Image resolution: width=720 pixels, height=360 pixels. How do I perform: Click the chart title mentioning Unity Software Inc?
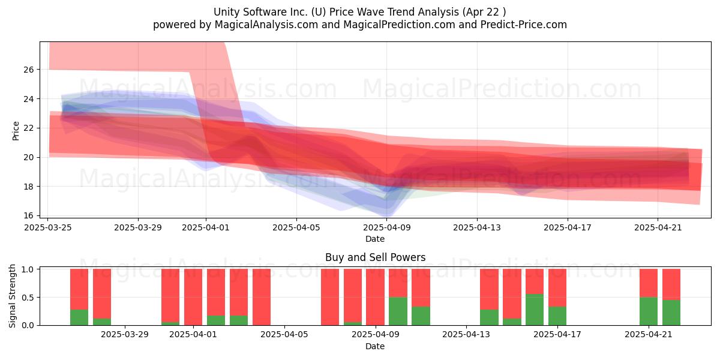pyautogui.click(x=359, y=12)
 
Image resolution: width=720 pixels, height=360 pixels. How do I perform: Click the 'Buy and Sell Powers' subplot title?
pyautogui.click(x=375, y=257)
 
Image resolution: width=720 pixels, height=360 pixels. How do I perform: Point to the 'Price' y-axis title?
pyautogui.click(x=16, y=131)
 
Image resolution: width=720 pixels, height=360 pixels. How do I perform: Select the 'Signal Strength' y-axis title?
pyautogui.click(x=12, y=296)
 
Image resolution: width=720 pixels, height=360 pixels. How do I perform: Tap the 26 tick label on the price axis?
pyautogui.click(x=29, y=70)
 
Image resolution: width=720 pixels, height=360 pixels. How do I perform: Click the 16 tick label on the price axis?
pyautogui.click(x=29, y=215)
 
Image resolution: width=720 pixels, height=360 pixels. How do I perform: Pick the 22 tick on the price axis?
pyautogui.click(x=29, y=128)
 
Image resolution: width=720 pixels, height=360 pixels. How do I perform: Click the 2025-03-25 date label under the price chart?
pyautogui.click(x=48, y=227)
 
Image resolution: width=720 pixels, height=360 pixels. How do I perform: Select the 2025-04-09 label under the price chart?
pyautogui.click(x=386, y=227)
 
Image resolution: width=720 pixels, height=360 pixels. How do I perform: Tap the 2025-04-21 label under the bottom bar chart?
pyautogui.click(x=649, y=334)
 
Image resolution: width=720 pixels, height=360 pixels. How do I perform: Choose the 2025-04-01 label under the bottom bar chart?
pyautogui.click(x=193, y=334)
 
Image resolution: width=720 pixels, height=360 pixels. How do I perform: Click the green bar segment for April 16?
pyautogui.click(x=535, y=310)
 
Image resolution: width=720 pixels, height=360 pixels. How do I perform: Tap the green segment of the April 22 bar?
pyautogui.click(x=671, y=313)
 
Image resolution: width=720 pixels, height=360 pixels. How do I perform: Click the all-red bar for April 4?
pyautogui.click(x=262, y=297)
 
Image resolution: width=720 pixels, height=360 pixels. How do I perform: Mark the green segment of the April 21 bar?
pyautogui.click(x=649, y=311)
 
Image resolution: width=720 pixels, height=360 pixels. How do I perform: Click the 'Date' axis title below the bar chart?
pyautogui.click(x=375, y=346)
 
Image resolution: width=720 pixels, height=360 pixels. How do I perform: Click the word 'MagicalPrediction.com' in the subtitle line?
pyautogui.click(x=399, y=25)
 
